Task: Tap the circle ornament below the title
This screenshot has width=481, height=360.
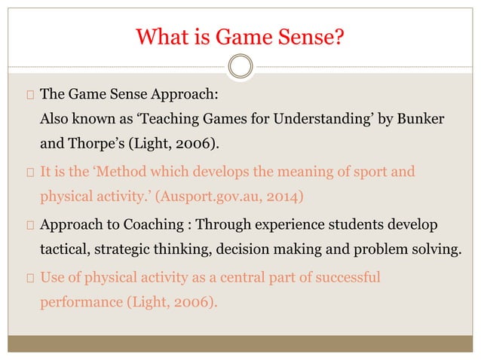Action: [240, 69]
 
